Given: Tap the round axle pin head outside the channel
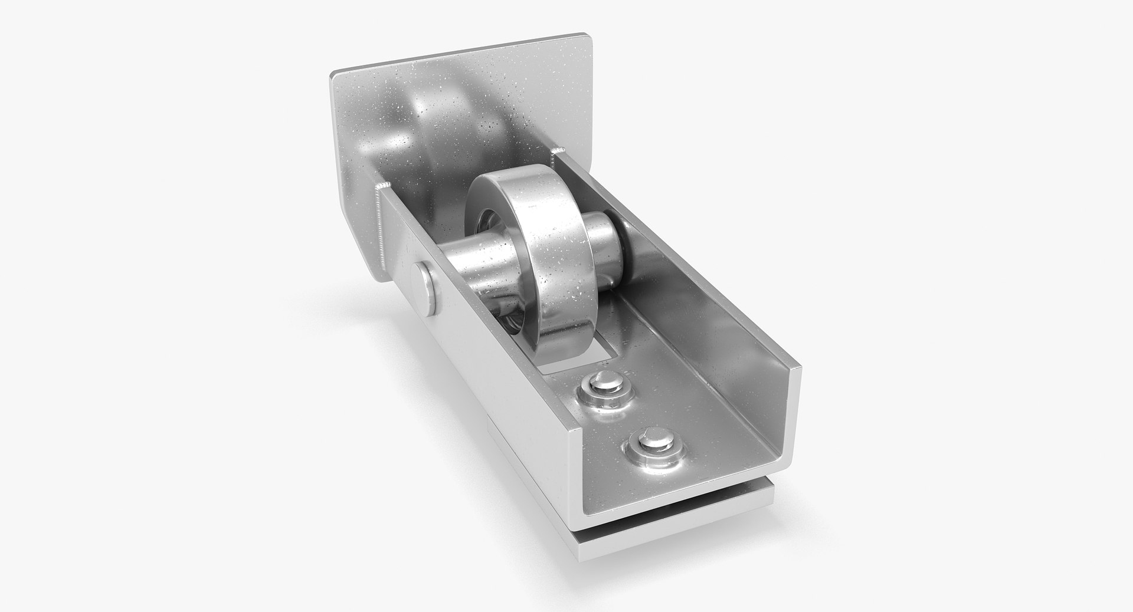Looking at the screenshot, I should tap(424, 288).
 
